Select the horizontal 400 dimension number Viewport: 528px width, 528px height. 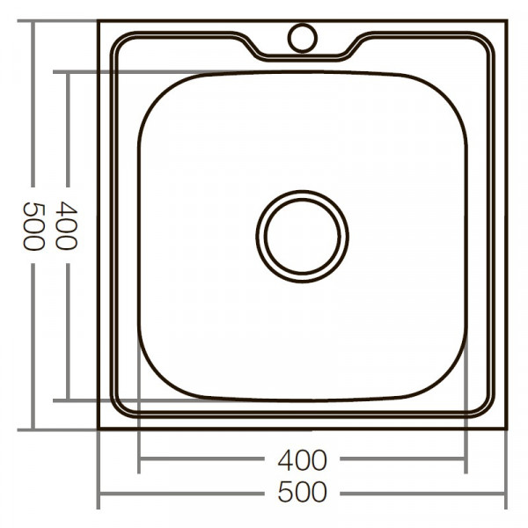click(302, 459)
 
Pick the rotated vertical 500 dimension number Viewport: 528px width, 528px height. click(33, 227)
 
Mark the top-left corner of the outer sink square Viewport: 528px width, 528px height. click(98, 20)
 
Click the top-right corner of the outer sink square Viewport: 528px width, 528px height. click(507, 20)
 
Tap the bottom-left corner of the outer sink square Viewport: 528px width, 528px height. click(98, 429)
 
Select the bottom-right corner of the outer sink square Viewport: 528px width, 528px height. click(507, 429)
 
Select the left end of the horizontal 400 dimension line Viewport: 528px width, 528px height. click(139, 459)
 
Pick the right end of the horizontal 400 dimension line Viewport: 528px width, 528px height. click(466, 459)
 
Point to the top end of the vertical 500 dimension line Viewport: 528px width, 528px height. click(33, 20)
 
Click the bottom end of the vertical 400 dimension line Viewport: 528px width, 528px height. click(67, 400)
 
